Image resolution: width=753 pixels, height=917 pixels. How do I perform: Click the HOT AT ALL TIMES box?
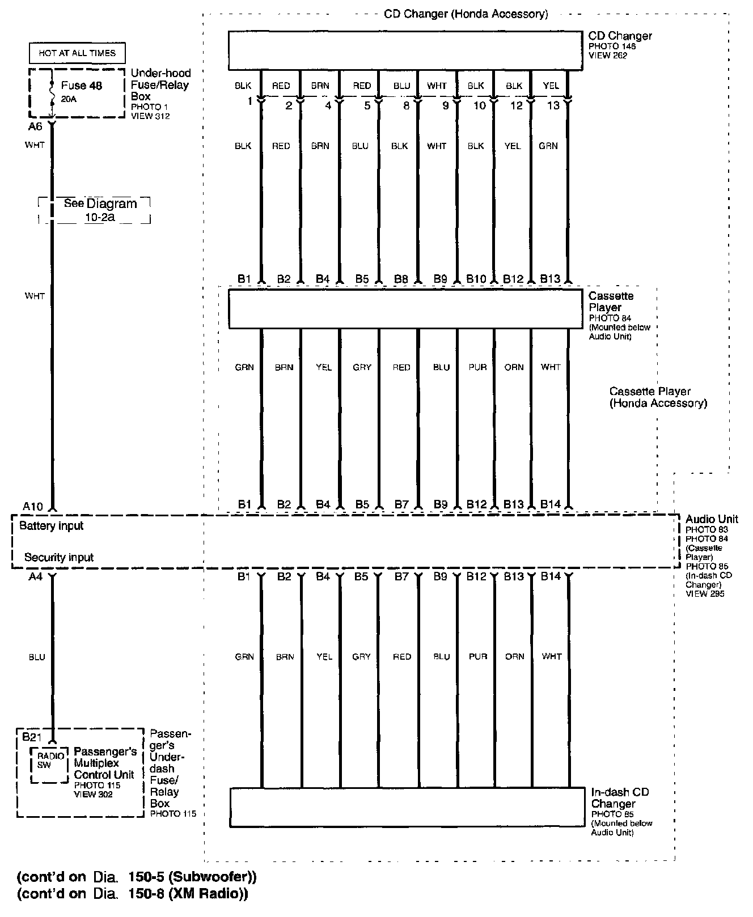click(77, 53)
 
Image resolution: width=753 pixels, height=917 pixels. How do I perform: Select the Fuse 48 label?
click(82, 86)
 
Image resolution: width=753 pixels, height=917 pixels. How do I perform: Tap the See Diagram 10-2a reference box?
click(94, 210)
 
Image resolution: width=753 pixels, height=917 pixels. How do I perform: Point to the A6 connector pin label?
click(35, 127)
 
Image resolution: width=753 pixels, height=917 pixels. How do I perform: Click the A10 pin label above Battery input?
click(33, 506)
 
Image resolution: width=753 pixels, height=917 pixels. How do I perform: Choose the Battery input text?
click(51, 526)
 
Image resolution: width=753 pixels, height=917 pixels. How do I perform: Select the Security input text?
click(59, 558)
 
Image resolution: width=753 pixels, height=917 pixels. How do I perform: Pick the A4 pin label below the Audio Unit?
click(35, 576)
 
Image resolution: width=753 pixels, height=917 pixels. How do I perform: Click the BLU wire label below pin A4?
click(37, 657)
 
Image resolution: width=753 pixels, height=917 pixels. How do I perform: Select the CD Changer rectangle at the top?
click(405, 50)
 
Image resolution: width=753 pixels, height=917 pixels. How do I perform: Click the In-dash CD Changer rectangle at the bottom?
click(407, 807)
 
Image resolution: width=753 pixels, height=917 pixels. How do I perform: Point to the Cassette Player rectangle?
click(405, 309)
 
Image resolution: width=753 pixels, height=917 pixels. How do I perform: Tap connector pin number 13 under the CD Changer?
click(553, 105)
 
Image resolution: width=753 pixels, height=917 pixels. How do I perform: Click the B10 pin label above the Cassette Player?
click(476, 278)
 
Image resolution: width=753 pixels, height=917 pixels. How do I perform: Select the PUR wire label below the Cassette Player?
click(478, 367)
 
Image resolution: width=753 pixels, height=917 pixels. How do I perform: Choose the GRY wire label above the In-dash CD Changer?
click(361, 657)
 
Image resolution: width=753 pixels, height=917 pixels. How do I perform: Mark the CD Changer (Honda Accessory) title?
click(466, 14)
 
